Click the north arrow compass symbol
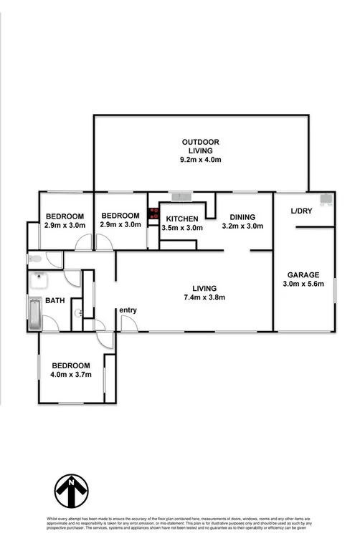[71, 490]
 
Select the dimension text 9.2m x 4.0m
[201, 160]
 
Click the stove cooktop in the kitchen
[153, 213]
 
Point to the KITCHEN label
[182, 219]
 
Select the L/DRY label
[301, 211]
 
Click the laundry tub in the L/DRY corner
[326, 198]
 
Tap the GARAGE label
[303, 274]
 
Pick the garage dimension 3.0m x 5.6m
[303, 284]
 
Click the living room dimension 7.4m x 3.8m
[204, 297]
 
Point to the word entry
[128, 310]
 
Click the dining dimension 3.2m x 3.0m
[243, 226]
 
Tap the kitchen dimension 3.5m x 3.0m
[182, 228]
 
